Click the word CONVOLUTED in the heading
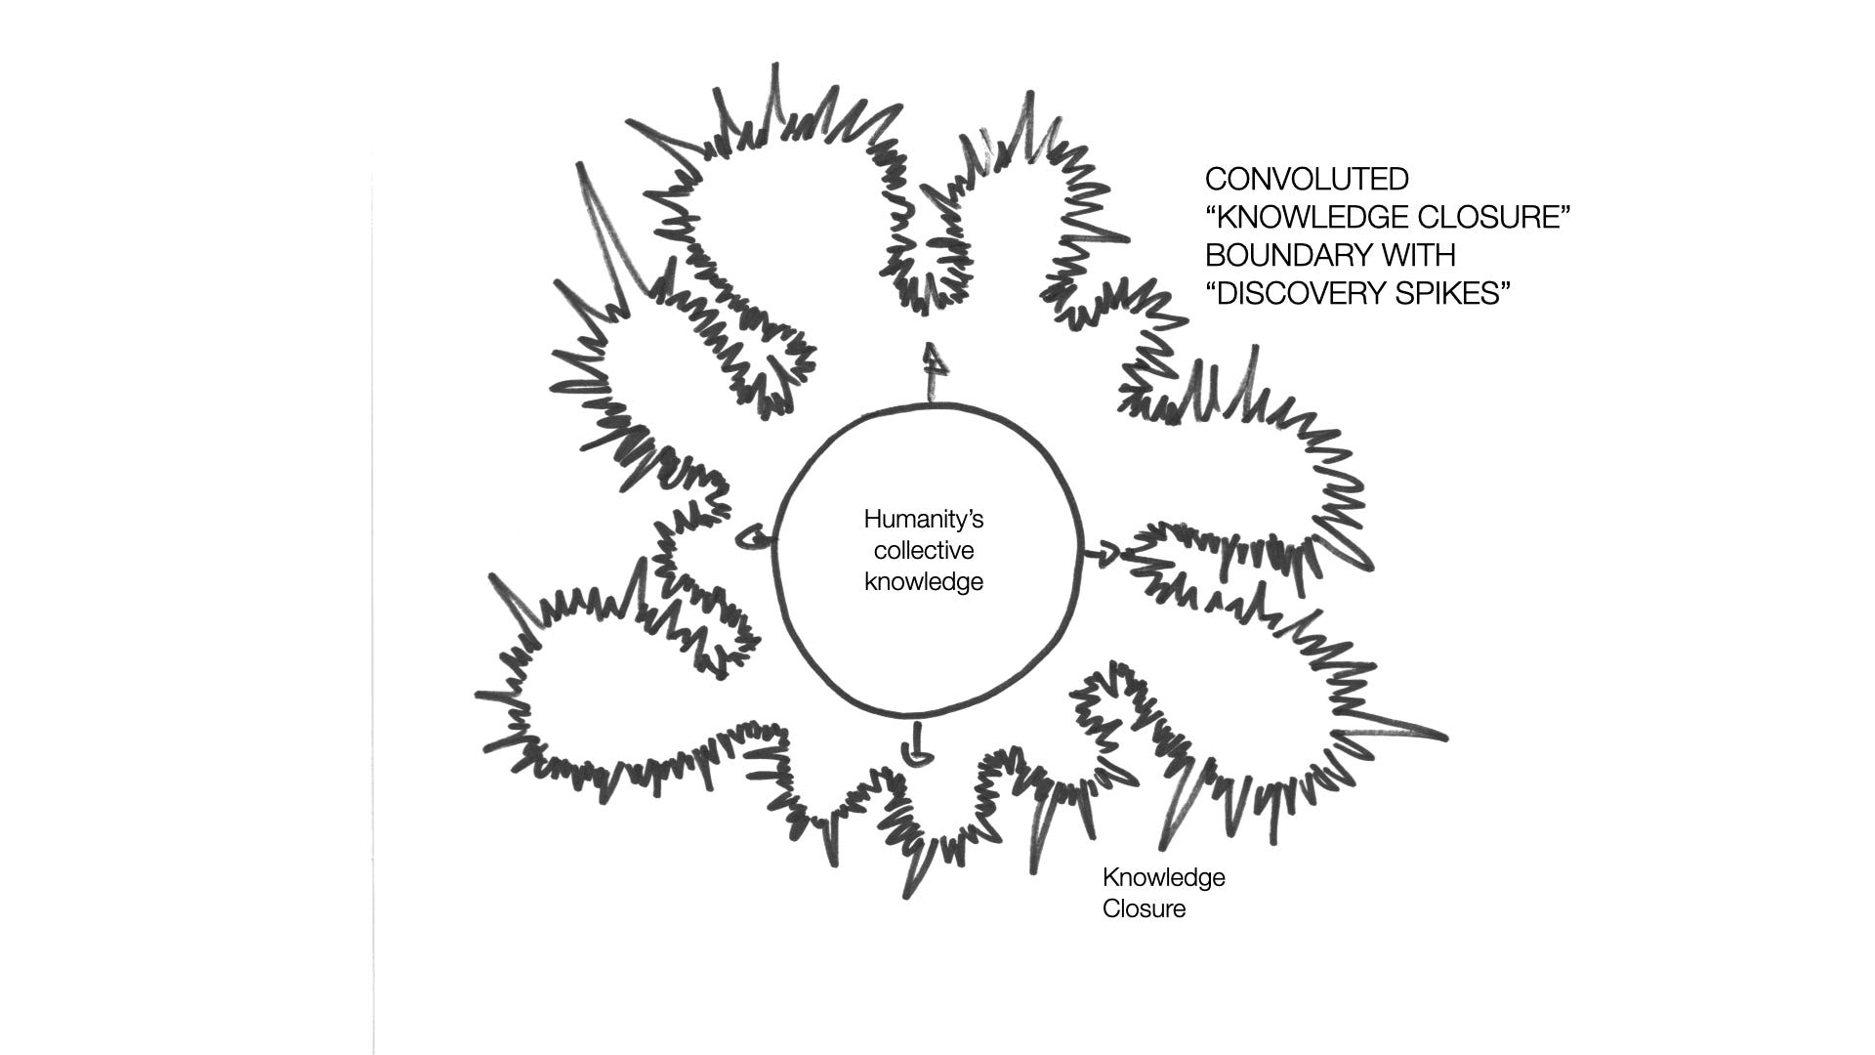pos(1307,179)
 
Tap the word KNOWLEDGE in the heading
pos(1305,217)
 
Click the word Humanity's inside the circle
pos(923,519)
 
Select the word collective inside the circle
pos(923,550)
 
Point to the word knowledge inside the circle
pos(923,581)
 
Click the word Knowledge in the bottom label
pos(1163,877)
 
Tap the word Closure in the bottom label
pos(1144,908)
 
